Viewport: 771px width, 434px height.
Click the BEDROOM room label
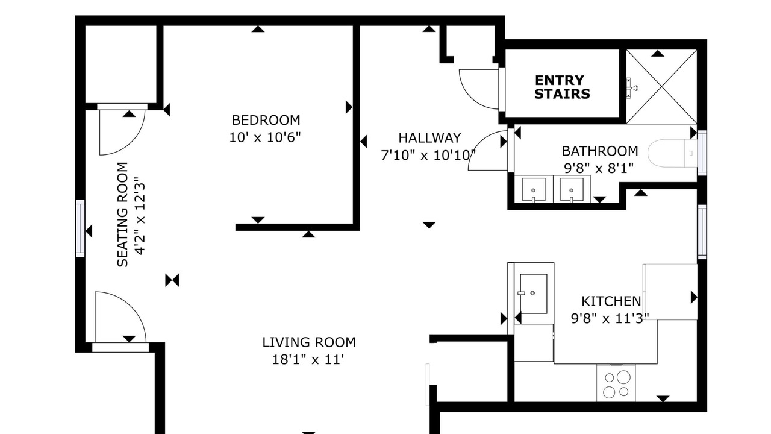(266, 120)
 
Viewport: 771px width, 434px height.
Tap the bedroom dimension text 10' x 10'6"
(265, 138)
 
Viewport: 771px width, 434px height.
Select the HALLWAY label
(429, 138)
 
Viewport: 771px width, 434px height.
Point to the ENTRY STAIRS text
(562, 87)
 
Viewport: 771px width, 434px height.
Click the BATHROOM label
(600, 151)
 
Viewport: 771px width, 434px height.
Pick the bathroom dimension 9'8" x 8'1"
(599, 168)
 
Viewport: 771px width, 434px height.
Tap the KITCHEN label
(611, 301)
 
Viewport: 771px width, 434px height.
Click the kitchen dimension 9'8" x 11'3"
(610, 319)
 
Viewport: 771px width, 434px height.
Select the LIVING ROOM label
(309, 342)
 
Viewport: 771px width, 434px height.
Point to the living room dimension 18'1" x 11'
(308, 360)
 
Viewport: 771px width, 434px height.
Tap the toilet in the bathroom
(673, 153)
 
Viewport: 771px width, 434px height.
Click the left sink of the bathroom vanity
(534, 189)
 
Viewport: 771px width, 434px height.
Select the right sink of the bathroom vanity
(572, 189)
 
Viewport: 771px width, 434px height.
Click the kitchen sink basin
(534, 294)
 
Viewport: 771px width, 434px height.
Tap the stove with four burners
(616, 384)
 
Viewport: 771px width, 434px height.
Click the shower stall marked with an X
(661, 86)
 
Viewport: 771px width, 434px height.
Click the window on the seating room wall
(80, 228)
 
